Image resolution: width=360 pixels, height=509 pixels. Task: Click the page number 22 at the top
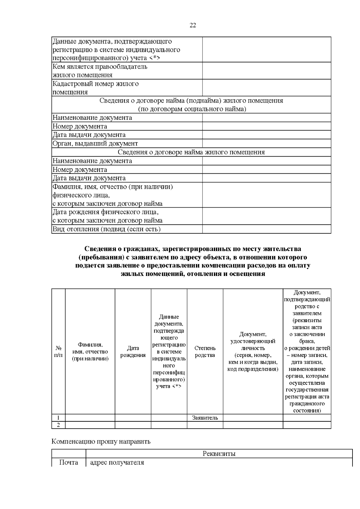(x=193, y=25)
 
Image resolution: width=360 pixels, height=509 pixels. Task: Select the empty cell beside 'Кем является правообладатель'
(x=266, y=71)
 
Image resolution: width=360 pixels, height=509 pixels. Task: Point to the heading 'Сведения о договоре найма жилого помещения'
(x=191, y=152)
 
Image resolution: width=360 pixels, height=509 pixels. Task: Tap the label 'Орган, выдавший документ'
(x=95, y=143)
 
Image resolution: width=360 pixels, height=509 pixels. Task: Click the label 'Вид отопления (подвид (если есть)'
(x=106, y=229)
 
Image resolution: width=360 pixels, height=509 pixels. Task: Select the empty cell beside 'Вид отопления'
(x=266, y=229)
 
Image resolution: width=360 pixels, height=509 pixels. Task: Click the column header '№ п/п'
(x=58, y=352)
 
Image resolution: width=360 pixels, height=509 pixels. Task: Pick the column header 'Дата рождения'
(x=133, y=352)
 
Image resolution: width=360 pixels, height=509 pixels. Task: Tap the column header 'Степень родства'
(x=205, y=352)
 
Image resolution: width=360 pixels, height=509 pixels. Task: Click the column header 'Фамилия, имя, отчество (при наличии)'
(x=90, y=352)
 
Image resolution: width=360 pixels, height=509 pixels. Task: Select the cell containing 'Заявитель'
(x=205, y=418)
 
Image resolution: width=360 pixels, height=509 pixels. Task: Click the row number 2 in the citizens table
(x=58, y=425)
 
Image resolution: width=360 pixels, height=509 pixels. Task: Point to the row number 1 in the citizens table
(x=58, y=418)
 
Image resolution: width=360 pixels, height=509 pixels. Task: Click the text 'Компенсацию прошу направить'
(x=101, y=442)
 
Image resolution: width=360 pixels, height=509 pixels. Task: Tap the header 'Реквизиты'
(x=219, y=454)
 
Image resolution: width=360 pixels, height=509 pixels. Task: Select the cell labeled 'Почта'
(x=69, y=462)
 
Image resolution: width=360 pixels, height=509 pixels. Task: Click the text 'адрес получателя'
(x=117, y=462)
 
